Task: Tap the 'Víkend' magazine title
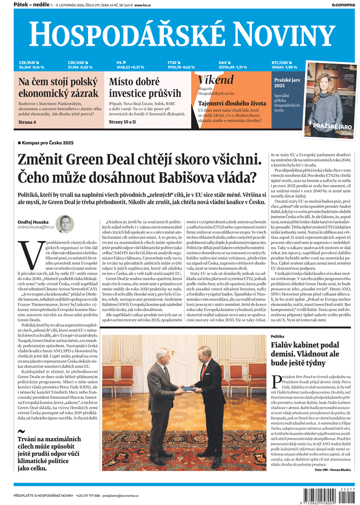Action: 216,80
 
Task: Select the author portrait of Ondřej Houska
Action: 65,224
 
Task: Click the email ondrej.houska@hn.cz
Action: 36,228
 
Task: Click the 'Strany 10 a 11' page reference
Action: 122,122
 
